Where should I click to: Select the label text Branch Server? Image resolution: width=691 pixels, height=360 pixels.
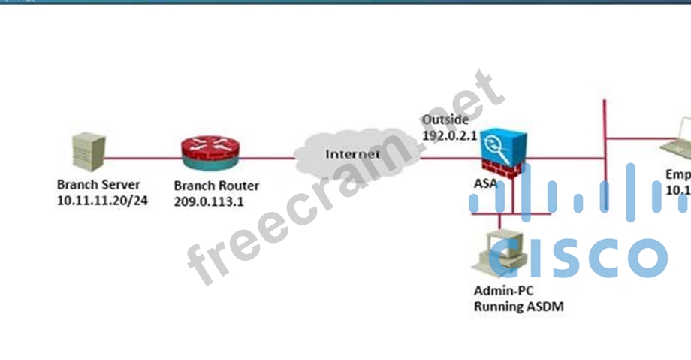click(x=98, y=185)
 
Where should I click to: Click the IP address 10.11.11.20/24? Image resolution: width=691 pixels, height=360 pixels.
click(x=102, y=201)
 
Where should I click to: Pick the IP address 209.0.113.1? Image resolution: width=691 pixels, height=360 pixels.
click(x=209, y=201)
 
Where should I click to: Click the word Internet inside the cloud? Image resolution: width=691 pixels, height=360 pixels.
click(x=352, y=154)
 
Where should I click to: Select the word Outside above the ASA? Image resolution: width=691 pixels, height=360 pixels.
click(x=445, y=119)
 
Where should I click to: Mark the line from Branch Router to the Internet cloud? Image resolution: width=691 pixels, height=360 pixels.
click(x=267, y=159)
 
